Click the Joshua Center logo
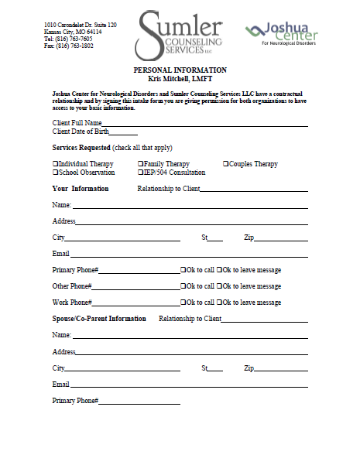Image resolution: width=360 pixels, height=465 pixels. click(280, 33)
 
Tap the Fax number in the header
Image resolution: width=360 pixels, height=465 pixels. click(69, 46)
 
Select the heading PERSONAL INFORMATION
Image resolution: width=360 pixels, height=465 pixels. click(180, 70)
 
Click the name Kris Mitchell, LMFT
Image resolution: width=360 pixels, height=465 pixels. click(180, 79)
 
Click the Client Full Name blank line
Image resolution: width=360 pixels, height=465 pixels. click(205, 123)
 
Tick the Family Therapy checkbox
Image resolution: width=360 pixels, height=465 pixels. click(141, 164)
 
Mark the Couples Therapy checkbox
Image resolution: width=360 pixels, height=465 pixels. click(226, 164)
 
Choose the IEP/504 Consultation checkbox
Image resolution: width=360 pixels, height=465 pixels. click(141, 173)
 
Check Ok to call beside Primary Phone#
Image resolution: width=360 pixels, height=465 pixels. click(183, 270)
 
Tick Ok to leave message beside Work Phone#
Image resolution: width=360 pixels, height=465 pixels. click(220, 303)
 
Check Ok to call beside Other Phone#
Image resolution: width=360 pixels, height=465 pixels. click(183, 286)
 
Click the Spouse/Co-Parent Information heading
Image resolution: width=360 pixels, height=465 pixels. click(98, 319)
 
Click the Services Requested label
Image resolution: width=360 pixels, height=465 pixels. click(81, 148)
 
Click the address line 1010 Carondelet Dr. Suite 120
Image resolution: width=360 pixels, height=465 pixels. click(81, 25)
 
